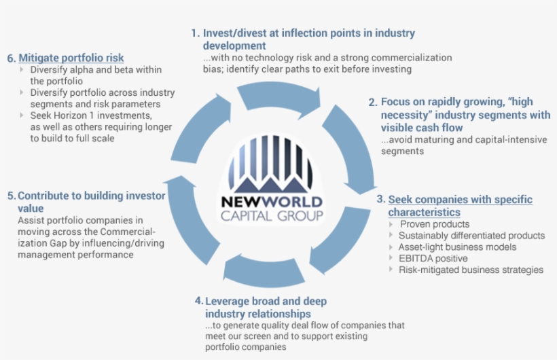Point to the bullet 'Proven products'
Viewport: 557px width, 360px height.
[x=434, y=224]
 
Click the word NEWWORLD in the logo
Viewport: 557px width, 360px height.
[x=272, y=202]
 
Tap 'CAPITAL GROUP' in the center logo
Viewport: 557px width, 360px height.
[x=272, y=217]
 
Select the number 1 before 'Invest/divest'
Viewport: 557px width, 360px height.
[x=195, y=33]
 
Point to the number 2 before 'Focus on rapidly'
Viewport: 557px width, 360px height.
[x=372, y=102]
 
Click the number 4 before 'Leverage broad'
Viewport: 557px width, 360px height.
[x=198, y=300]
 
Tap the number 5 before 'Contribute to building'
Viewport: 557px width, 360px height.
[x=11, y=196]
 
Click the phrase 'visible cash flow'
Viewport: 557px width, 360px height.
[x=422, y=127]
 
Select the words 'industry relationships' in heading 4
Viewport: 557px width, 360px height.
[x=258, y=314]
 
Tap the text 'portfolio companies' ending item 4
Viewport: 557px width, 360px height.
[x=245, y=347]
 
